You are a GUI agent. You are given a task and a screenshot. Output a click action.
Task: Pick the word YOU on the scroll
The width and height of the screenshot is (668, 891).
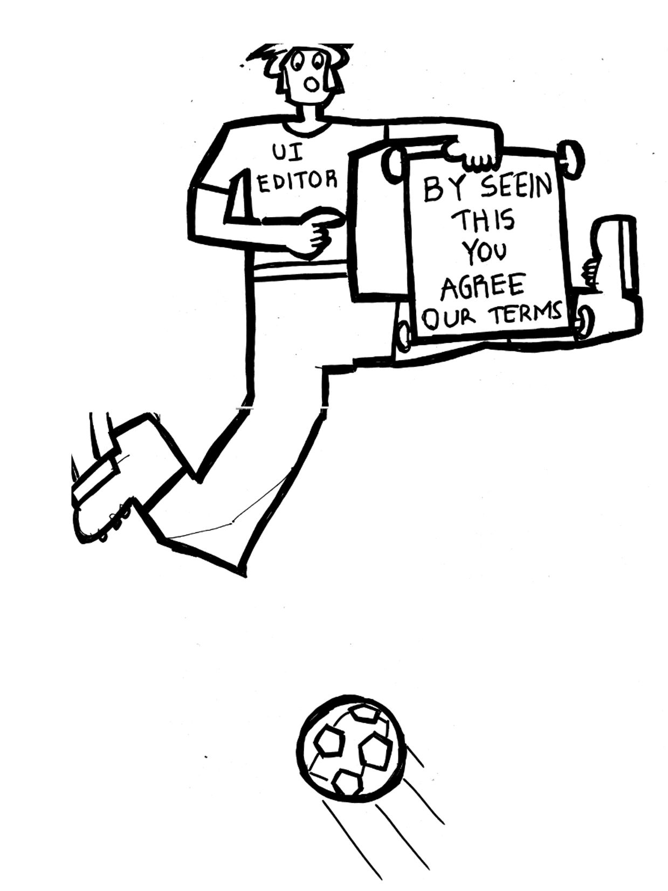coord(485,252)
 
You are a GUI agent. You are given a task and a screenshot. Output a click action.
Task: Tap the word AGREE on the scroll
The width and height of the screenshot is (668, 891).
coord(483,286)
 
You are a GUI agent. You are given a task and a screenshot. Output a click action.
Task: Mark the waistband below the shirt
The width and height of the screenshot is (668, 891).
coord(300,271)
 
